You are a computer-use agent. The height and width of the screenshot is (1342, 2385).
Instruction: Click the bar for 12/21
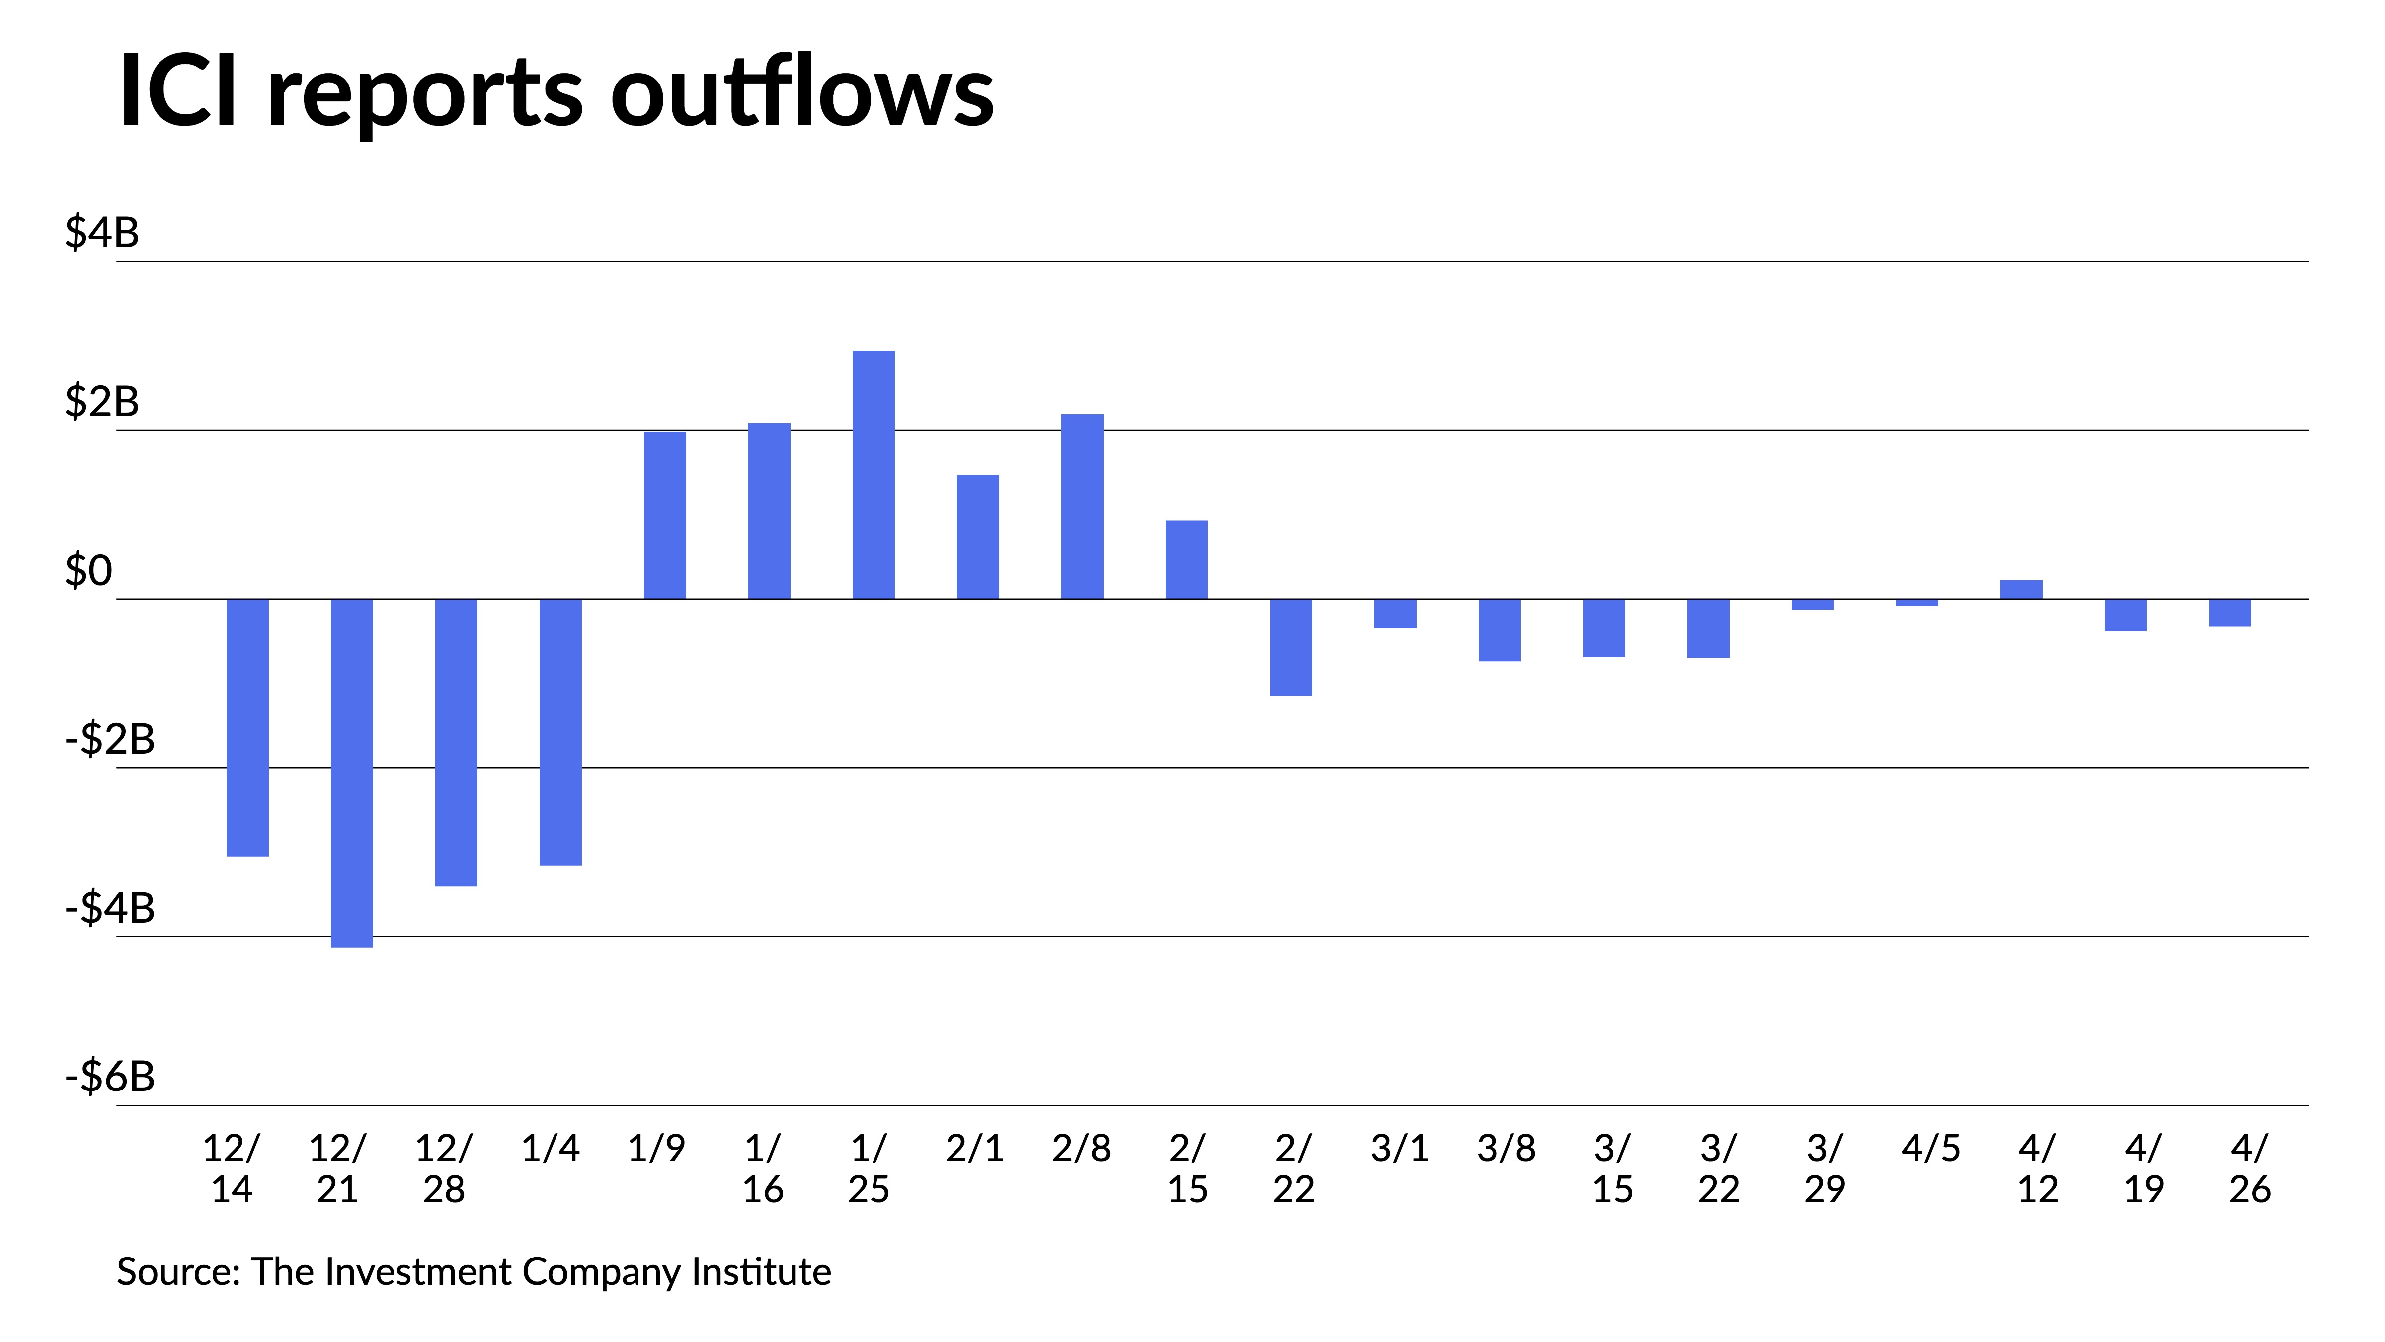coord(352,773)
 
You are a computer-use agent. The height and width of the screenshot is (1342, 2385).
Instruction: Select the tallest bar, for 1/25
coord(873,475)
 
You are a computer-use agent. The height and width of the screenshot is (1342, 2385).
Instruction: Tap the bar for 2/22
coord(1291,647)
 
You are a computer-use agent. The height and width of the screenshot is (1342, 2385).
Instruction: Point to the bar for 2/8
coord(1082,506)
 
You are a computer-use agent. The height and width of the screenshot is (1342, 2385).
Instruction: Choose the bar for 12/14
coord(247,728)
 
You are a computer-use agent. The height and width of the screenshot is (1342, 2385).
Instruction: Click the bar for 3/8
coord(1499,630)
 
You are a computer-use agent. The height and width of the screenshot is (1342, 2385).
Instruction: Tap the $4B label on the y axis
coord(102,233)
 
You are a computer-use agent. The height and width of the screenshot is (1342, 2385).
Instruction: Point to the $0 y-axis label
coord(88,571)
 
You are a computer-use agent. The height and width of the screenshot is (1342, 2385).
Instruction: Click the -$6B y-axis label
coord(109,1076)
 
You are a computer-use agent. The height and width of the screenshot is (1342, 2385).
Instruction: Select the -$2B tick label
coord(109,739)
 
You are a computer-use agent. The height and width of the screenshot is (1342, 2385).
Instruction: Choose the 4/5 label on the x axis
coord(1930,1149)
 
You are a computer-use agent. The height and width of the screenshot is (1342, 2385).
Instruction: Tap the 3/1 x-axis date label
coord(1399,1149)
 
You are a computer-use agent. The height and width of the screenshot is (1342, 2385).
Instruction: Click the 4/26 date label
coord(2250,1169)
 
